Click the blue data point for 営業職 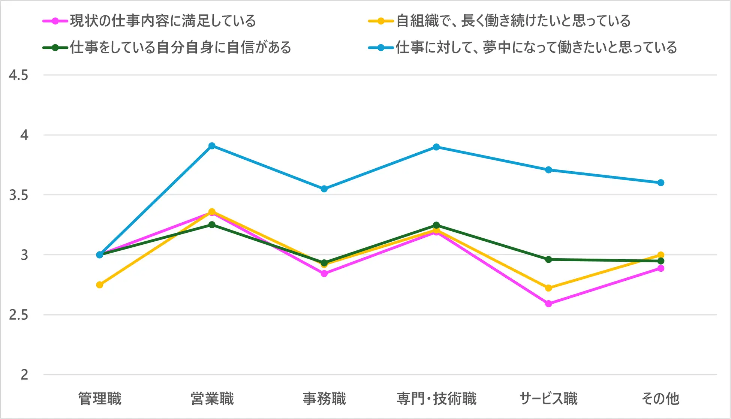(x=212, y=146)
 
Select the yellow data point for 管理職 (x=100, y=285)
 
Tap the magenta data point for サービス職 (x=548, y=304)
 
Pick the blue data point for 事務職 (x=324, y=189)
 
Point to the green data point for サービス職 (x=548, y=259)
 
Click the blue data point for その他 (x=661, y=183)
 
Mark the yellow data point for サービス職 (x=548, y=288)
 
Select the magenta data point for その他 (x=661, y=268)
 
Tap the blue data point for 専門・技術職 (x=436, y=147)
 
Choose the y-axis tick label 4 (x=24, y=135)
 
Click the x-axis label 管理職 (x=100, y=398)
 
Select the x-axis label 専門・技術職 (x=436, y=398)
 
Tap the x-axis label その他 (x=661, y=398)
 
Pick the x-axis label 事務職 (x=324, y=398)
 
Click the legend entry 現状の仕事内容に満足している (x=163, y=21)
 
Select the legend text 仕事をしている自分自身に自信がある (x=180, y=48)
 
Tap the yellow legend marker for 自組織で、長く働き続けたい (x=381, y=21)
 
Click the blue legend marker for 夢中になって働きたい (x=381, y=48)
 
